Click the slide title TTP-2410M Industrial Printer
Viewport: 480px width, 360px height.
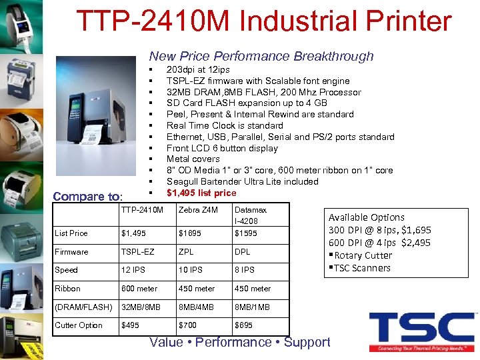pos(264,21)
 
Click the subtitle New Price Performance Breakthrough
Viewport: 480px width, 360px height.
pos(261,56)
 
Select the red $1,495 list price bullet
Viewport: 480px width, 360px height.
pos(201,193)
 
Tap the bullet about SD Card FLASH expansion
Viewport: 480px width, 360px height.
pos(247,103)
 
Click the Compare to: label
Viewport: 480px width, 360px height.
pos(87,197)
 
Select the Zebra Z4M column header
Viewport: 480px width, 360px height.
pos(198,211)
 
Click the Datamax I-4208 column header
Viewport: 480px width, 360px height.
pos(251,215)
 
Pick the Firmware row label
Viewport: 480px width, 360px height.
pos(71,252)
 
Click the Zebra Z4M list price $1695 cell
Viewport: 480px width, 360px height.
pos(189,233)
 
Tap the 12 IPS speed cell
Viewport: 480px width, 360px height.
pos(133,270)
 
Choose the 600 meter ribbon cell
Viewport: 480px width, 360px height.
pos(139,289)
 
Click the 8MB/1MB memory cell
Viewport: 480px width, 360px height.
pos(253,307)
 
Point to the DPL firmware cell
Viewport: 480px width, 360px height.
pos(242,252)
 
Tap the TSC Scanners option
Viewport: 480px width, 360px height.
pos(361,268)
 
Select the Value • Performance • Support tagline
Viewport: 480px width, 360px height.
pos(240,342)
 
